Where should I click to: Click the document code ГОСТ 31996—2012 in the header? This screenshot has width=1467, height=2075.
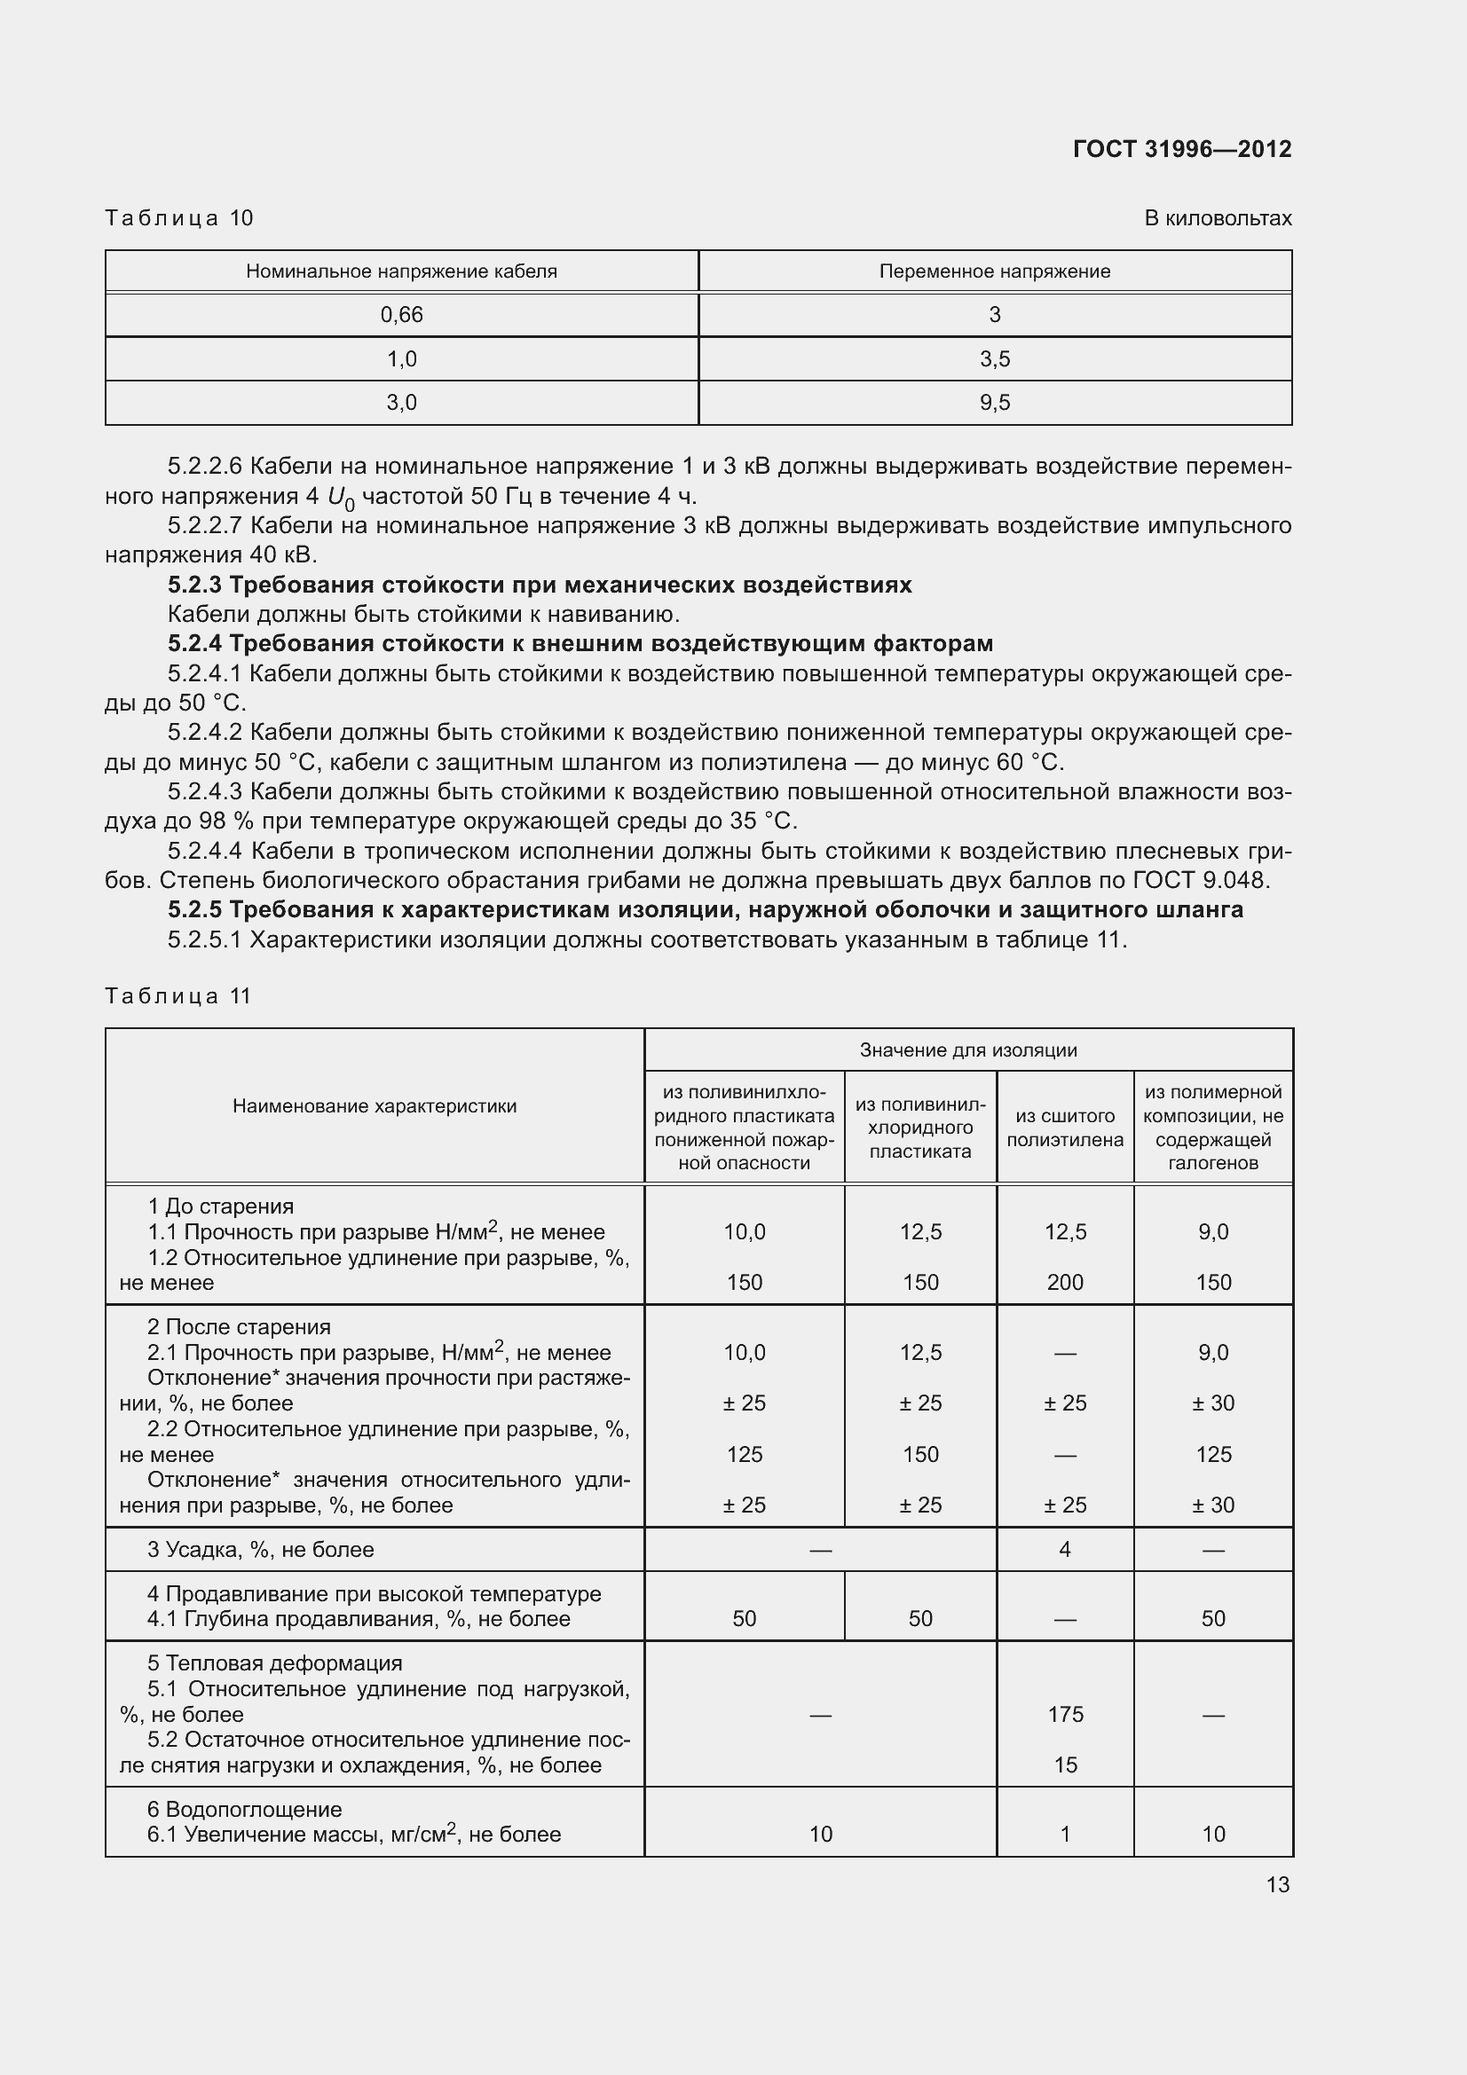(x=1181, y=149)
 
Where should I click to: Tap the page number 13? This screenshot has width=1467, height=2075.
(x=1277, y=1884)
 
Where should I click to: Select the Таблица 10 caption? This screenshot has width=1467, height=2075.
(x=179, y=218)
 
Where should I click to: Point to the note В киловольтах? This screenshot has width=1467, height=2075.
(x=1217, y=218)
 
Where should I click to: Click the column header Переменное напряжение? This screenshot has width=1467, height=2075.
(x=994, y=271)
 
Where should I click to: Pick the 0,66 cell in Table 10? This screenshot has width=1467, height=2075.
(x=401, y=315)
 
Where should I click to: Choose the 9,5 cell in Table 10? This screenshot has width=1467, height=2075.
(x=994, y=402)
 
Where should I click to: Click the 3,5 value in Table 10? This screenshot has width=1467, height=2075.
(x=994, y=358)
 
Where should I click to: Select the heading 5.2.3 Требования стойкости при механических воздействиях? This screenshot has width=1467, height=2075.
(x=540, y=585)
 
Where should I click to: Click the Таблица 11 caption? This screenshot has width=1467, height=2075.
(x=178, y=996)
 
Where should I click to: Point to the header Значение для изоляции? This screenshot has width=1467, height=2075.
(x=967, y=1050)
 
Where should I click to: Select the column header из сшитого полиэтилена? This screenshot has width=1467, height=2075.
(x=1065, y=1128)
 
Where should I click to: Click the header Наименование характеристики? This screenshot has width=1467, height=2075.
(x=375, y=1106)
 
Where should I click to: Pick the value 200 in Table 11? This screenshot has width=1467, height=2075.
(x=1065, y=1283)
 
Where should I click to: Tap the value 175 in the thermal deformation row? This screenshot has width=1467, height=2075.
(x=1065, y=1715)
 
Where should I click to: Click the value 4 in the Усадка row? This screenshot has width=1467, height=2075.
(x=1065, y=1550)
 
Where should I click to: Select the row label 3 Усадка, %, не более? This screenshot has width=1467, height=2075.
(x=260, y=1550)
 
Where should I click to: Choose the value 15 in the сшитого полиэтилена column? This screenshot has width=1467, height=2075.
(x=1065, y=1765)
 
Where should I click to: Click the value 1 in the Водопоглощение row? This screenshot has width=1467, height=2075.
(x=1065, y=1834)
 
